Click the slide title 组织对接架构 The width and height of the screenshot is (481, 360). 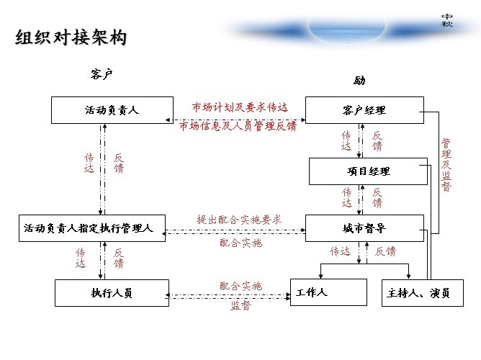point(71,37)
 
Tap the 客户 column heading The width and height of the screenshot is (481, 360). point(102,74)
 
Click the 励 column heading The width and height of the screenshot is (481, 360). point(359,81)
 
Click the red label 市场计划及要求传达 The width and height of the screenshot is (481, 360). point(240,107)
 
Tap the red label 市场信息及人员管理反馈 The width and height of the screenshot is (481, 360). point(238,126)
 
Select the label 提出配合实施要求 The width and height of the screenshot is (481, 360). point(239,220)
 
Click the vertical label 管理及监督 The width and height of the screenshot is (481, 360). point(446,165)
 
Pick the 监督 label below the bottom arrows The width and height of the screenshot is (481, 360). point(240,305)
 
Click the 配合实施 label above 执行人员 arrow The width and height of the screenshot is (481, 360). point(240,286)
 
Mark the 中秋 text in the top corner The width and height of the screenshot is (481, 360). point(447,20)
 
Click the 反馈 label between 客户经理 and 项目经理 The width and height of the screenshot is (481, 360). point(377,141)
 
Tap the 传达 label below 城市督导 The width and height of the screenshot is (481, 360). point(340,251)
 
